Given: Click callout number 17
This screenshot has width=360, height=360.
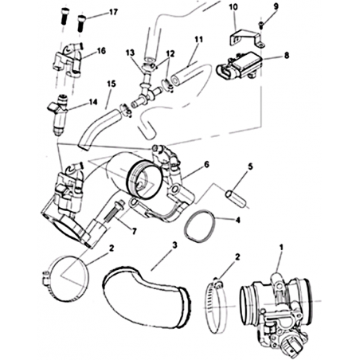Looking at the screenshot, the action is pos(113,12).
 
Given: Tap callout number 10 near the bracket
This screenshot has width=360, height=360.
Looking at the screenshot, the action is pos(233,7).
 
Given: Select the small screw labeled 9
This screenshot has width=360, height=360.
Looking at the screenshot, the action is pos(261,25).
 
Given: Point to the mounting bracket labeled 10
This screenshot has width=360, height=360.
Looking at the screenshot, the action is pos(247,39).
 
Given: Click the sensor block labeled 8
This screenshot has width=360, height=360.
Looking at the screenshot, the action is pos(239,65).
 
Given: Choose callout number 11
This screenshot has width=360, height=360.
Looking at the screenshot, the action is pos(198,40).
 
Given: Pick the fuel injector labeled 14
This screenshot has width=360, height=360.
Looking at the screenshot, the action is pos(57,114).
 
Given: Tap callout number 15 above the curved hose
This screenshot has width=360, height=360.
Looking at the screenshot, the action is pos(112,84).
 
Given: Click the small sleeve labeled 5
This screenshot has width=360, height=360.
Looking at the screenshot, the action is pos(237,199).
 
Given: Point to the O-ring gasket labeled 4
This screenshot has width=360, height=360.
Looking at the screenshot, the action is pos(200,225).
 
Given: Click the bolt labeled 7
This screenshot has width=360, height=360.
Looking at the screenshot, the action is pos(113,212).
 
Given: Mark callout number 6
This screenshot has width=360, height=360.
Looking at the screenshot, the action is pos(206,165).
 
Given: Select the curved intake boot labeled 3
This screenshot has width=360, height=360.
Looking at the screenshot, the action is pos(146,297).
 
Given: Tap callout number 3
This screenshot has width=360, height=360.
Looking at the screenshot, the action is pos(174,245).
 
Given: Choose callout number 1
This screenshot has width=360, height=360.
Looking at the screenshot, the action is pos(281,248).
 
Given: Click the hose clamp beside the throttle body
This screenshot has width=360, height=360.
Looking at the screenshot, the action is pos(216,305).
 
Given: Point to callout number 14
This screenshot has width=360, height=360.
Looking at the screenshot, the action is pos(93,102).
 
